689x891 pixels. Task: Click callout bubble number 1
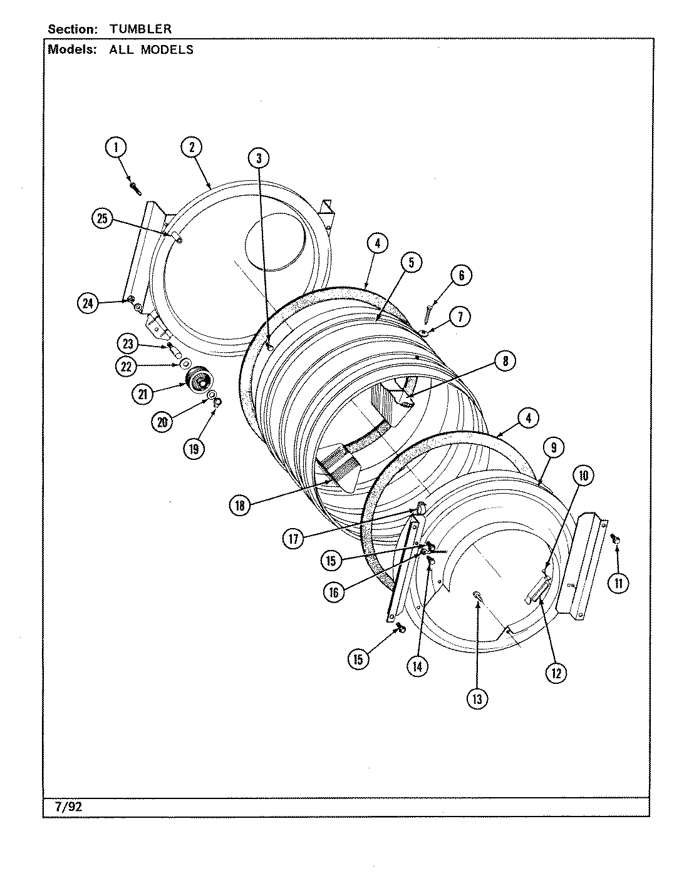point(115,148)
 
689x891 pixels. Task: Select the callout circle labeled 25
point(103,218)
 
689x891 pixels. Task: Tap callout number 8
point(505,360)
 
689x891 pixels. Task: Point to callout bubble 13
point(477,698)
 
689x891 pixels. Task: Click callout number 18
point(240,506)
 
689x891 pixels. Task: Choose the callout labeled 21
point(143,394)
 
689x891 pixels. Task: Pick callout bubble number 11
point(618,584)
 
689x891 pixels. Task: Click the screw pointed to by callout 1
point(135,186)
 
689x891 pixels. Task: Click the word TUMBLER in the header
point(140,29)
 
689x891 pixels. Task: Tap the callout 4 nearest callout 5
point(378,244)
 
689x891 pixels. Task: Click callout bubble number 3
point(258,158)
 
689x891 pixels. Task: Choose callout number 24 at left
point(88,303)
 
